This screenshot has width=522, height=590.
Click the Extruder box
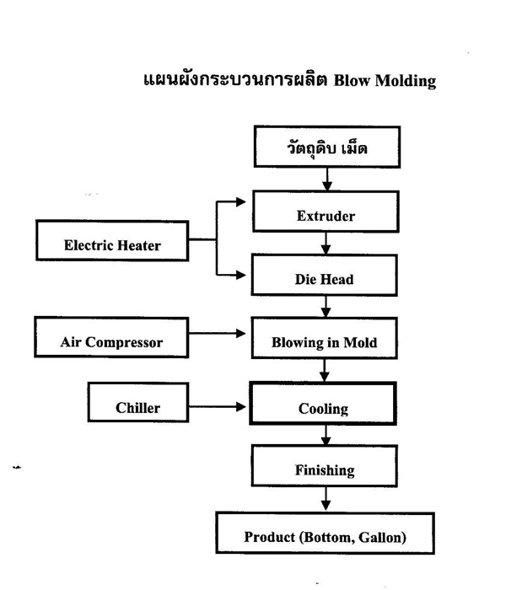pos(326,212)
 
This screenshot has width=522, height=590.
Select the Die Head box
pos(325,275)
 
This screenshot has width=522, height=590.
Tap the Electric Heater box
pos(112,241)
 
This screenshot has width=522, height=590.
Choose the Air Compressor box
pos(111,337)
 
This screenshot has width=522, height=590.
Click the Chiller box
pos(138,402)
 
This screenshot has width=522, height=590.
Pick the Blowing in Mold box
pos(325,338)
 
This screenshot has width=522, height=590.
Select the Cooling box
pos(323,404)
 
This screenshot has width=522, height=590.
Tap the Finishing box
pos(325,466)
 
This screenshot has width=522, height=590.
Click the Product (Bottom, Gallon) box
pos(326,533)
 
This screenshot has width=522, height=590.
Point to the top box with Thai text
pos(327,147)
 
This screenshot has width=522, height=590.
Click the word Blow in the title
pos(352,81)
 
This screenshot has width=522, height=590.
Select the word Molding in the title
pos(406,82)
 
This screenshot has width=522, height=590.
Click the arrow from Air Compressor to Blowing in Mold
pos(218,334)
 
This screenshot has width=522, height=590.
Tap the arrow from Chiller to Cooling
pos(218,406)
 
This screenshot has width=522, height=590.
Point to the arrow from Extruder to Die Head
pos(326,244)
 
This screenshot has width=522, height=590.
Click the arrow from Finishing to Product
pos(326,499)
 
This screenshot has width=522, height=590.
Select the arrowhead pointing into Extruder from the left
pos(241,202)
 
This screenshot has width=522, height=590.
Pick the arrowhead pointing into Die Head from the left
pos(241,275)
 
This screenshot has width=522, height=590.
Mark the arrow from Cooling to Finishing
pos(326,435)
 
